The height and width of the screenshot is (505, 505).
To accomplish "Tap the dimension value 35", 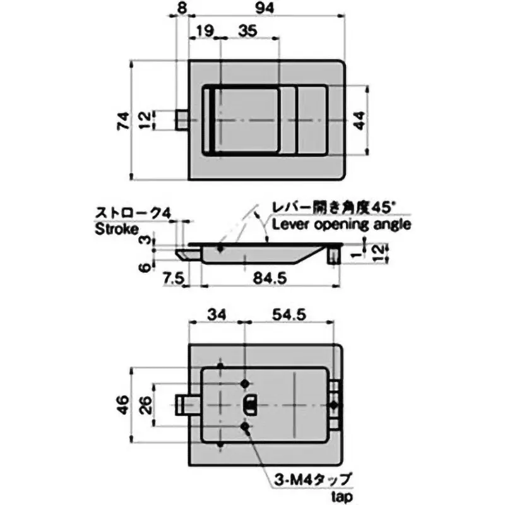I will pyautogui.click(x=248, y=30).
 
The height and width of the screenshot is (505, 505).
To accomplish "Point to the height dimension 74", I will pyautogui.click(x=123, y=120).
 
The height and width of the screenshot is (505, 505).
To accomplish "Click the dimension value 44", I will pyautogui.click(x=360, y=120).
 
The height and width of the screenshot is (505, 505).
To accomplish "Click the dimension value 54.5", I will pyautogui.click(x=288, y=313).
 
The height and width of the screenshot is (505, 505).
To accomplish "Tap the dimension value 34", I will pyautogui.click(x=216, y=313).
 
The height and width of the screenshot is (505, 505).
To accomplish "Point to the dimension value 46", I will pyautogui.click(x=123, y=403).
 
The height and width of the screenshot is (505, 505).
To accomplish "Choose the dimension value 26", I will pyautogui.click(x=145, y=403).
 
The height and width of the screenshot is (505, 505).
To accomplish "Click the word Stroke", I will pyautogui.click(x=116, y=229).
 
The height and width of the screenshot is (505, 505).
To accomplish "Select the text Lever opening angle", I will pyautogui.click(x=341, y=224).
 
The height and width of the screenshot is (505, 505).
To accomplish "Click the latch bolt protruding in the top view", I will pyautogui.click(x=181, y=120).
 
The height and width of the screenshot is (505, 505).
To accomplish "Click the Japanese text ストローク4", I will pyautogui.click(x=132, y=213).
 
